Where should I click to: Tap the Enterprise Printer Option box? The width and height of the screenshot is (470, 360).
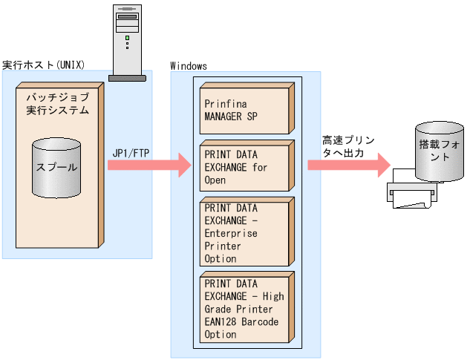coord(244,232)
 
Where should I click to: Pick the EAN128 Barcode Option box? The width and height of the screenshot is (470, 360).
coord(244,309)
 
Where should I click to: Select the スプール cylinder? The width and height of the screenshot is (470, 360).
coord(56,168)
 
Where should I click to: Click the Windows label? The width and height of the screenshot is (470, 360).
coord(189,66)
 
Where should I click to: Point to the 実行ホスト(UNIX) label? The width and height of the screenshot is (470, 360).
coord(43,65)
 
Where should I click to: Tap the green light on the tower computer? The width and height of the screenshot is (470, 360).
coord(127,37)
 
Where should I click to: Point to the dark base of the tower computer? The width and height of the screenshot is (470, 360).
coord(127,78)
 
